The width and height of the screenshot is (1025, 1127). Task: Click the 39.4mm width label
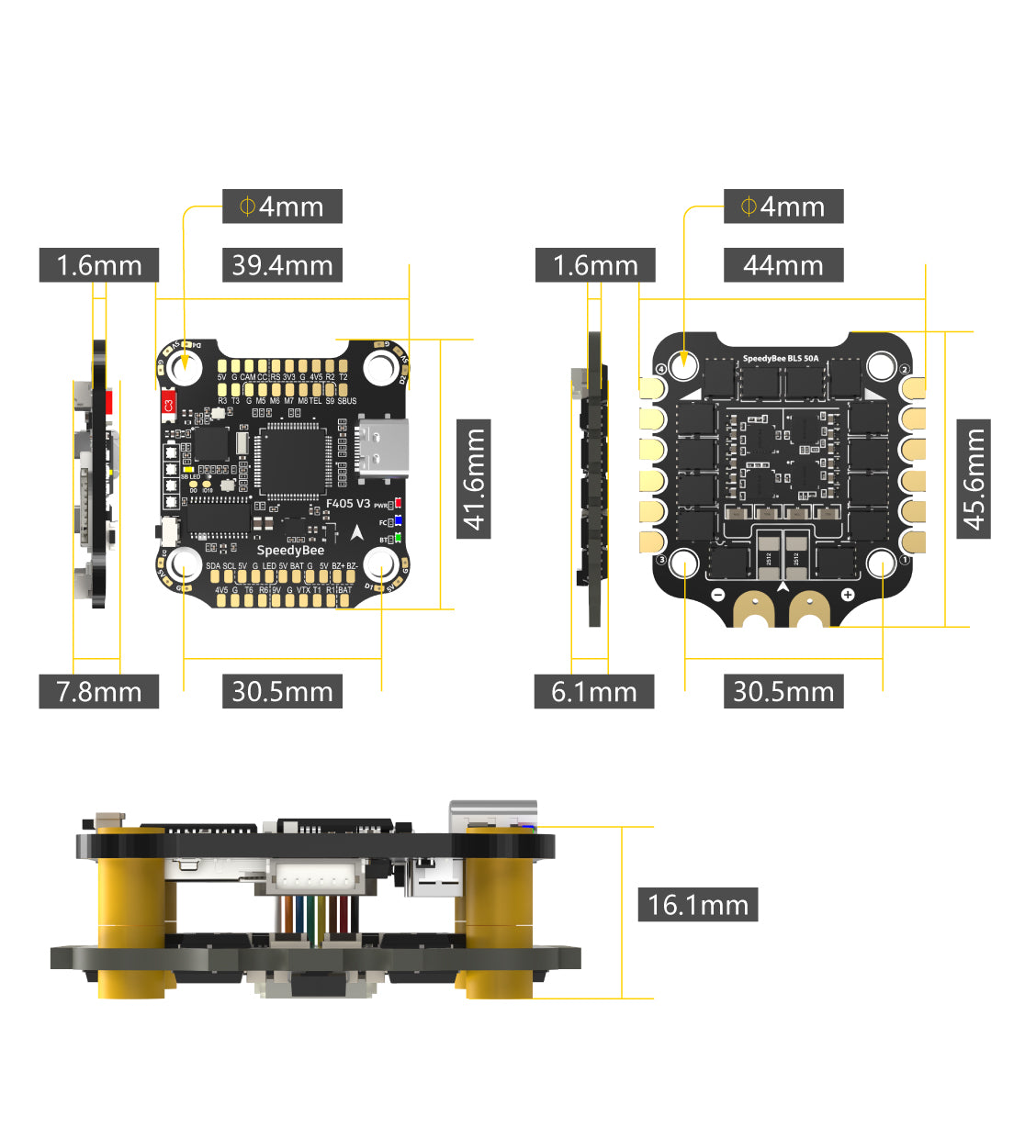(282, 265)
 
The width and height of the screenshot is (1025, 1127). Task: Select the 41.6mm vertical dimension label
(474, 479)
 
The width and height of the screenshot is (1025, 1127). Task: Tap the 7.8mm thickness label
(98, 691)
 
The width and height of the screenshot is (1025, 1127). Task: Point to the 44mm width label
(783, 265)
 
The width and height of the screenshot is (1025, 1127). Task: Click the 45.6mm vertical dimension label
(974, 479)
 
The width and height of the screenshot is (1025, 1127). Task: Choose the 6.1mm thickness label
(593, 691)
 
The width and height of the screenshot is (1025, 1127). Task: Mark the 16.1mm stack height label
(697, 905)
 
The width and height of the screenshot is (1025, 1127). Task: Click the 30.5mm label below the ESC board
(783, 691)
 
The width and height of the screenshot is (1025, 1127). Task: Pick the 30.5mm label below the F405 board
(282, 691)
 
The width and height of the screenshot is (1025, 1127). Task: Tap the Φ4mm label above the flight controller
(282, 206)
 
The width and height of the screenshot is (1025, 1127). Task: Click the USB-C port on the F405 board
(382, 449)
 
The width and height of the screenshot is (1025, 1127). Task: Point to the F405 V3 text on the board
(348, 504)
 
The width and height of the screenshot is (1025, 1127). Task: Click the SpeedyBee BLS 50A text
(780, 359)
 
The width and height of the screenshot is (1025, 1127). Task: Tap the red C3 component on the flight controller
(168, 404)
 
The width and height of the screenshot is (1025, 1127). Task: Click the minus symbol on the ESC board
(718, 595)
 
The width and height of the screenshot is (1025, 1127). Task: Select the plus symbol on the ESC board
(847, 595)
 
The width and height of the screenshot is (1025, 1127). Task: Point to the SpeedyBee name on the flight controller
(290, 550)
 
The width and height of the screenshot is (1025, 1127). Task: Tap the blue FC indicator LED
(398, 522)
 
